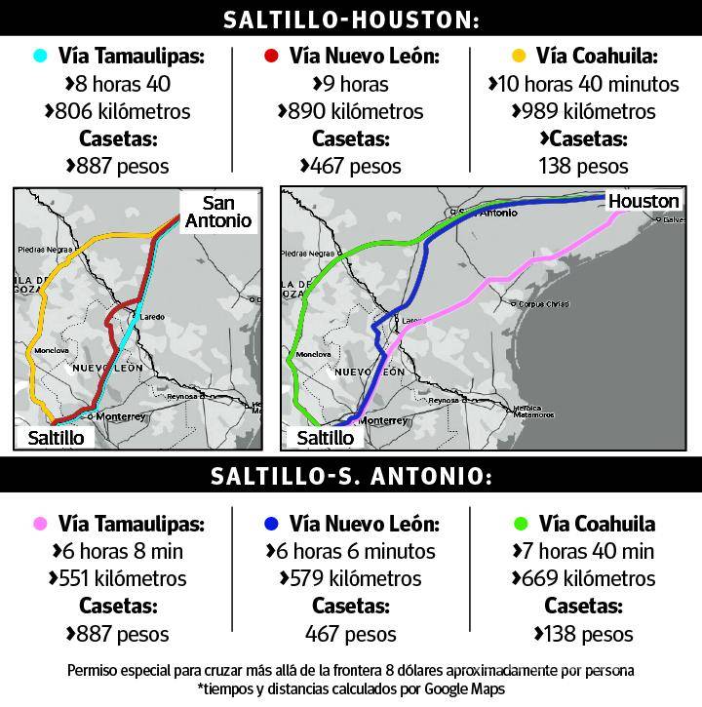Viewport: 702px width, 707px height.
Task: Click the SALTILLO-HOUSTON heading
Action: (x=351, y=20)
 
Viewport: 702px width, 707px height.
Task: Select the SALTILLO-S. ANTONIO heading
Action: (x=351, y=477)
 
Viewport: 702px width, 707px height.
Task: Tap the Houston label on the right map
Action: (x=643, y=201)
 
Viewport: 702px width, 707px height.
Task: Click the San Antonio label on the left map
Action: (x=226, y=212)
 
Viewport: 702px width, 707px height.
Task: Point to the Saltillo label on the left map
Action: (x=56, y=438)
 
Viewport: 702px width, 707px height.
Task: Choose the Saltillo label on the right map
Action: (x=325, y=438)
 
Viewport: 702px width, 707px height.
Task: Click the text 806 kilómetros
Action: (x=119, y=111)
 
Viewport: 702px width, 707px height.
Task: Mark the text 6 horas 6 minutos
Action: (x=351, y=552)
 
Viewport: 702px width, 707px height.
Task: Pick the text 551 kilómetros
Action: (x=119, y=579)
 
